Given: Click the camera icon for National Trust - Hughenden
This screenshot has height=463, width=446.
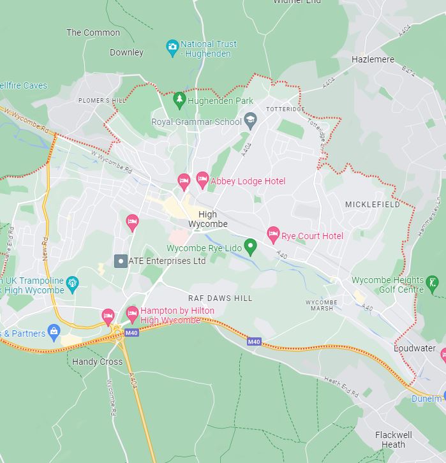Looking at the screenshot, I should (172, 48).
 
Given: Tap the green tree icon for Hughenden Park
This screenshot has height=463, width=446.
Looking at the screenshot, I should (179, 100).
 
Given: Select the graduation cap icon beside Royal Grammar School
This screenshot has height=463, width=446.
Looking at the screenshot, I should (251, 121).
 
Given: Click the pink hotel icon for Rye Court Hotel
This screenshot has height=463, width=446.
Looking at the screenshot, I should (273, 234).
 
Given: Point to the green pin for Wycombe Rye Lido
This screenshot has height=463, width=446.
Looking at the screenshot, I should (251, 246).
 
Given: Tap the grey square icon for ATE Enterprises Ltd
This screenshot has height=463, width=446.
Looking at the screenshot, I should (119, 261).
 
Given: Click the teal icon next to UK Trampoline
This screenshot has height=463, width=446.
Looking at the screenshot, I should (72, 282).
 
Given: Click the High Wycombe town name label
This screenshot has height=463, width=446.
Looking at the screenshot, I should (207, 219).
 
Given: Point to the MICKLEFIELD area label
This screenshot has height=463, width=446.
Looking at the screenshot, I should (373, 205).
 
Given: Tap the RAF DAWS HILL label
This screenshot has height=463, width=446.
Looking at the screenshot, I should (220, 298).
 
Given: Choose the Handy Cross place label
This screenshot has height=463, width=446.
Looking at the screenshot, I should (97, 362).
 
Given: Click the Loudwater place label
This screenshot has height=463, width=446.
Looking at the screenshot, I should (414, 349).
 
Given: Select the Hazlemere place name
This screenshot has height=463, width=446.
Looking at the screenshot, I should (373, 59).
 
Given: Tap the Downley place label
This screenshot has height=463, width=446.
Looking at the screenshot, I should (126, 52).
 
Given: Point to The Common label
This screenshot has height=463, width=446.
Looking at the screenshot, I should (93, 33).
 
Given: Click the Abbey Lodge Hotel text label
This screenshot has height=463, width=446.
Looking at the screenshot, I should (248, 181).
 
